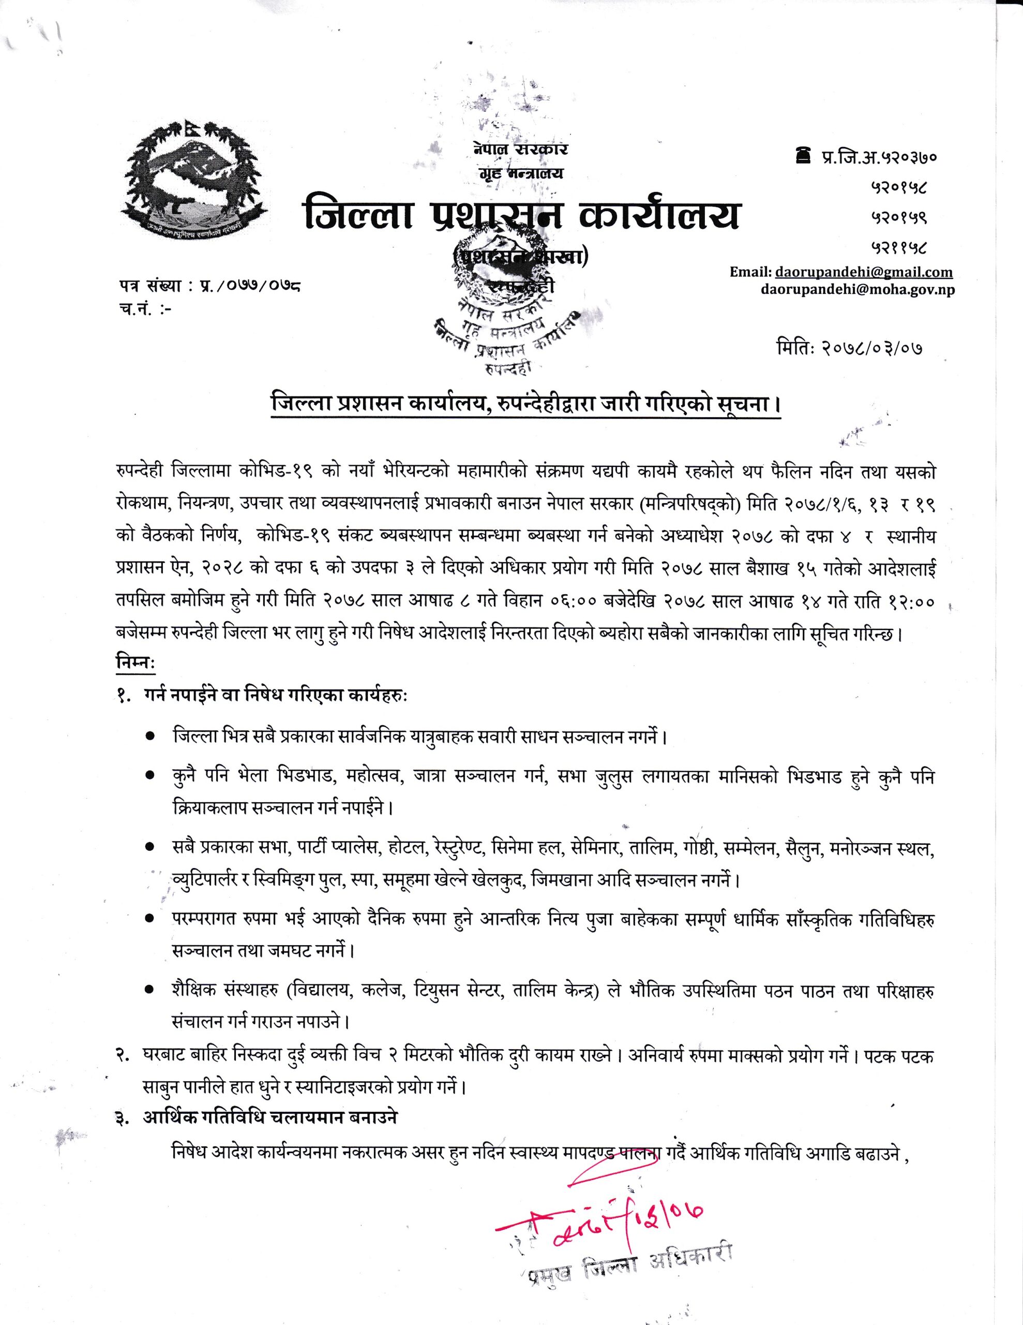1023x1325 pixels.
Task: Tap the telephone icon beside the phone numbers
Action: tap(804, 156)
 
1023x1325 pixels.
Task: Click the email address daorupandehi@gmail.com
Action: tap(862, 272)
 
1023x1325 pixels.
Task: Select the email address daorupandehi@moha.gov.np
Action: tap(857, 290)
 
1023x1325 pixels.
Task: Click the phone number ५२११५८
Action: tap(900, 247)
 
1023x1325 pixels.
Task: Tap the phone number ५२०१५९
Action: tap(900, 216)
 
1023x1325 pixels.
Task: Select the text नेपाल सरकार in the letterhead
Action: tap(521, 149)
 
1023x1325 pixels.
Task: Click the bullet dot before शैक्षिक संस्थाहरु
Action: tap(149, 991)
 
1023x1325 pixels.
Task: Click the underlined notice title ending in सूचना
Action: tap(525, 405)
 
